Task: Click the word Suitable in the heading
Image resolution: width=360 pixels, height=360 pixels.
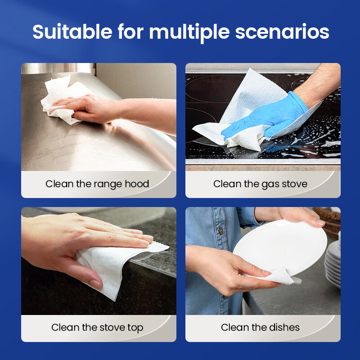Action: [x=72, y=31]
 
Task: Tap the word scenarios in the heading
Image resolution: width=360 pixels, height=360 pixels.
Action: [x=282, y=32]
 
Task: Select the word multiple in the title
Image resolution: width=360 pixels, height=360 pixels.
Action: [x=189, y=33]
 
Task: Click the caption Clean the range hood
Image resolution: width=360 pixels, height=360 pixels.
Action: [x=97, y=184]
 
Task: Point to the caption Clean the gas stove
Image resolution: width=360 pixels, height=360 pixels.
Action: [x=260, y=184]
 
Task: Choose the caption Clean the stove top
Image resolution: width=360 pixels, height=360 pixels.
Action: [x=97, y=328]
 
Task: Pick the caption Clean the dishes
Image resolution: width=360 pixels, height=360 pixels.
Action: [x=260, y=328]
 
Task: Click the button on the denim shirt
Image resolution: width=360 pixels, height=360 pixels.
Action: [x=221, y=230]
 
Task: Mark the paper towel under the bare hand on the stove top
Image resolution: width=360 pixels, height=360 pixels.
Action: [x=115, y=266]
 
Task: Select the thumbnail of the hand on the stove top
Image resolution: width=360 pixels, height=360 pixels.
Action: [x=95, y=283]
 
